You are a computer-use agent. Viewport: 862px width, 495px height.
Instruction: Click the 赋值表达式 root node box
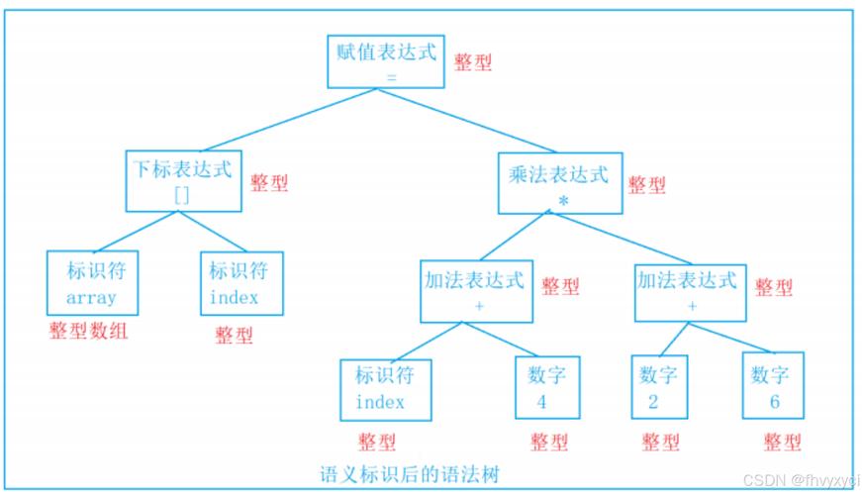point(385,61)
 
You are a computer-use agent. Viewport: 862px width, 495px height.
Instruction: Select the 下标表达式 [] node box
point(184,180)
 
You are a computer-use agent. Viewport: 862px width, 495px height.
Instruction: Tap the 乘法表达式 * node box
point(559,184)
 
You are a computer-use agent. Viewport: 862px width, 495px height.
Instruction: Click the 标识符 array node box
point(91,282)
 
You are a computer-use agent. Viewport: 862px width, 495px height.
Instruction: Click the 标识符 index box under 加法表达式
point(380,388)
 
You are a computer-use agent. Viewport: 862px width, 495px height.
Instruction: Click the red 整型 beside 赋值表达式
point(473,61)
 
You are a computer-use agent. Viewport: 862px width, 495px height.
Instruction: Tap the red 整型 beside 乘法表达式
point(646,185)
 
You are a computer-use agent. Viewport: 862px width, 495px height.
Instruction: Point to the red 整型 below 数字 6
point(782,442)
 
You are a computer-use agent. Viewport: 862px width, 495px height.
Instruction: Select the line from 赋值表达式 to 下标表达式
point(279,120)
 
